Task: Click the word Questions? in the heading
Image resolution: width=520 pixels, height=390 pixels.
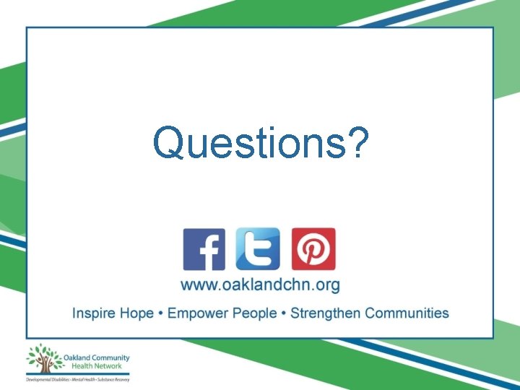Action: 261,142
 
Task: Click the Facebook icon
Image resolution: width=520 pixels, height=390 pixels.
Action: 204,249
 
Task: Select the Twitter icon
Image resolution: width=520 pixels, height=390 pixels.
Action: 258,249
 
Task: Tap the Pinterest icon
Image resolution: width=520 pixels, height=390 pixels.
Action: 313,249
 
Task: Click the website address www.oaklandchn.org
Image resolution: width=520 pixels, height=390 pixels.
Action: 260,285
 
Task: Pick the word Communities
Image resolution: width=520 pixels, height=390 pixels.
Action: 407,313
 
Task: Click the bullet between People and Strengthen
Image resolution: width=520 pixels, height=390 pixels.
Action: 283,313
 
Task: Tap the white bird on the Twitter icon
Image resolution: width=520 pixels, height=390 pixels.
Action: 258,250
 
